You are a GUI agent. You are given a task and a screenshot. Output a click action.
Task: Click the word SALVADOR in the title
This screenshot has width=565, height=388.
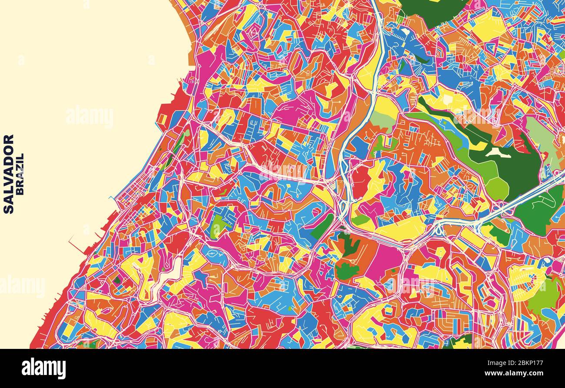pyautogui.click(x=8, y=174)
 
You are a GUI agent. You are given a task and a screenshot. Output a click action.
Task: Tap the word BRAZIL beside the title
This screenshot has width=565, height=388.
pyautogui.click(x=20, y=174)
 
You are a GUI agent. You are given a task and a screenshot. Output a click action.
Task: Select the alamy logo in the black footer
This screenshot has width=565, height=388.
pyautogui.click(x=43, y=368)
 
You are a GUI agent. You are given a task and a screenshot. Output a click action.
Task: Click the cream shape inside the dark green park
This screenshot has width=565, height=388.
pyautogui.click(x=494, y=152)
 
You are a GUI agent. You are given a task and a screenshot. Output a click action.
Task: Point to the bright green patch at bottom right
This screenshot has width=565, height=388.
pyautogui.click(x=543, y=295)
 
